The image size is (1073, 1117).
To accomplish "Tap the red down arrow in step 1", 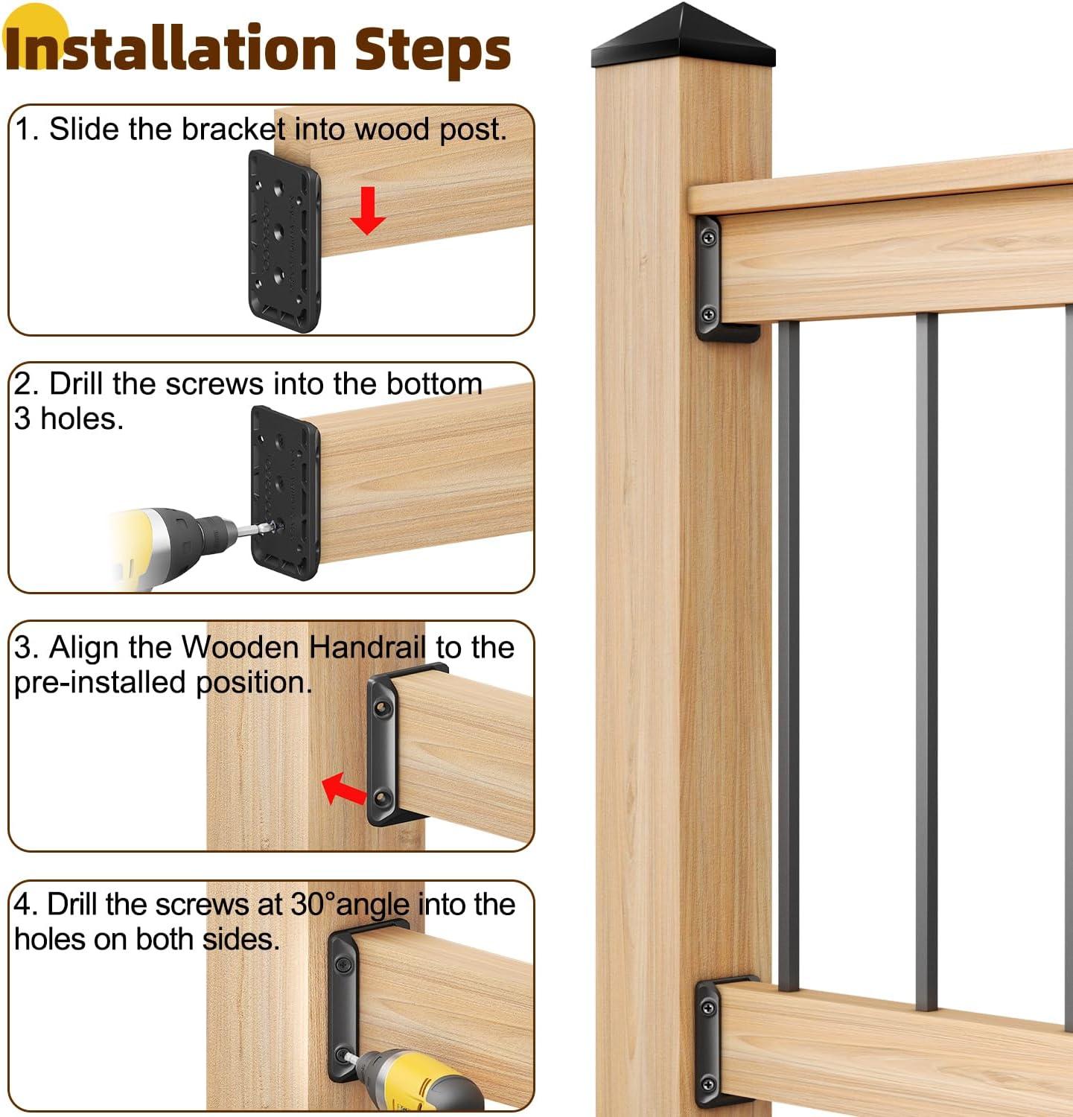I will tap(367, 211).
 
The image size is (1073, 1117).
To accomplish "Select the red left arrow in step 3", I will tap(344, 788).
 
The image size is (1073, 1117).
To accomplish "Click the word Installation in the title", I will tap(171, 48).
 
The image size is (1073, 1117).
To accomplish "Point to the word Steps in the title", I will tap(432, 48).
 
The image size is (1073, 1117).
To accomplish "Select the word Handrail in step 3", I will tap(367, 647).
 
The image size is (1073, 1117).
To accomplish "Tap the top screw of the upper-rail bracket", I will tap(708, 238).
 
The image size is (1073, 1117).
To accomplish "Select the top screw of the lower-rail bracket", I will tap(708, 1008).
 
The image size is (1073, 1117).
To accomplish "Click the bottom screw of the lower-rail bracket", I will tap(709, 1083).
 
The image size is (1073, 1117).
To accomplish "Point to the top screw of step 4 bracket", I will tap(344, 966).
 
